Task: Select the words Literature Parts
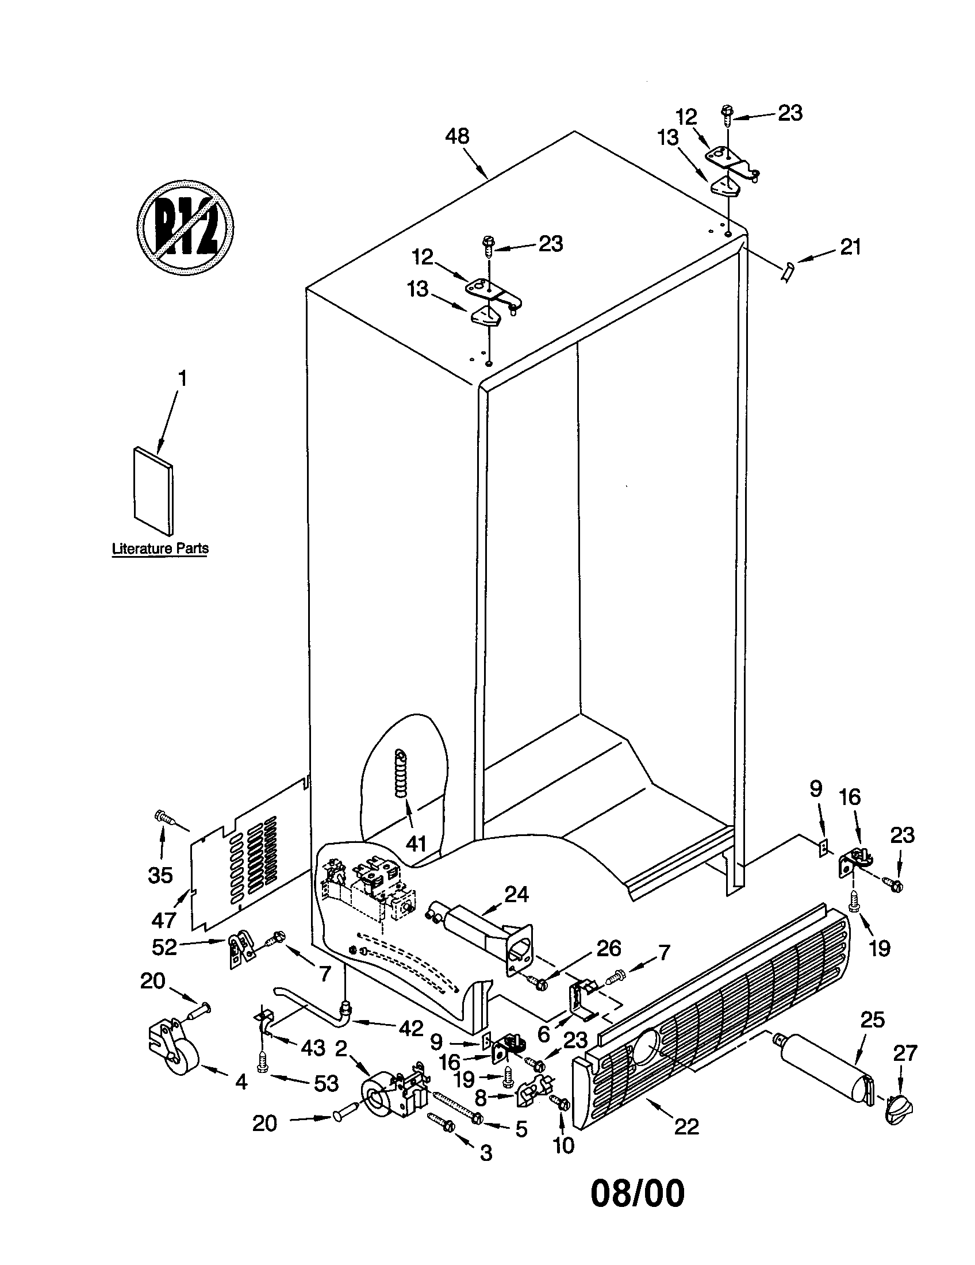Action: pyautogui.click(x=160, y=549)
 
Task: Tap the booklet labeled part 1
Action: pyautogui.click(x=153, y=490)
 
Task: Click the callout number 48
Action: pyautogui.click(x=457, y=137)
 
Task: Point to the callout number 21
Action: pyautogui.click(x=850, y=247)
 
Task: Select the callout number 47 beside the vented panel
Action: pyautogui.click(x=163, y=921)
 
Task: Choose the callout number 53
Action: pyautogui.click(x=326, y=1083)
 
